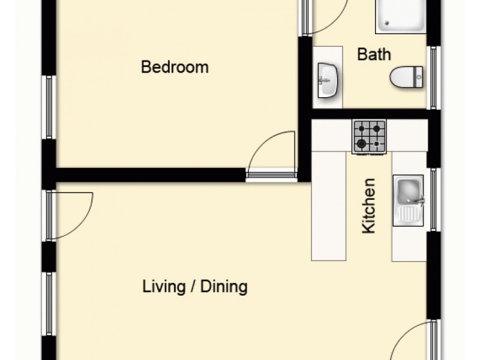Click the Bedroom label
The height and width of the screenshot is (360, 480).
(175, 67)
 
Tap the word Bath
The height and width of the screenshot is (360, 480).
(374, 55)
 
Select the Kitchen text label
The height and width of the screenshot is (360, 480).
(369, 205)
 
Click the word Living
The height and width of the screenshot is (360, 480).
(163, 287)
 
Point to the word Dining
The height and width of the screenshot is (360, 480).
(224, 287)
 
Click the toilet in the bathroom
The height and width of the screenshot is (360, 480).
(406, 77)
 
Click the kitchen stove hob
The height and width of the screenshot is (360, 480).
(369, 136)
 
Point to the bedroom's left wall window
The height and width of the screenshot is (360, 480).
(49, 107)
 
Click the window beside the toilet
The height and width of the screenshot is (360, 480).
(431, 77)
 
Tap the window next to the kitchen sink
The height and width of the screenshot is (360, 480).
(431, 199)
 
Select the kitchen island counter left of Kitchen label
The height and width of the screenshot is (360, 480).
(329, 205)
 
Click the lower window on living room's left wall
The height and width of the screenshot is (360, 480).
(49, 302)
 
